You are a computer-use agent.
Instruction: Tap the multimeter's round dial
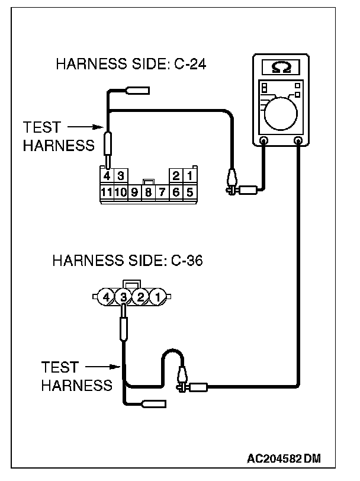click(x=282, y=112)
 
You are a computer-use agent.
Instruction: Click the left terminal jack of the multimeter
click(x=264, y=141)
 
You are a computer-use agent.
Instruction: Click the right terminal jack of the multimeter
click(x=299, y=141)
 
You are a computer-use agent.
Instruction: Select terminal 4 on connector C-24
click(x=107, y=176)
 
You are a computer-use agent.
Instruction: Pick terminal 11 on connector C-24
click(x=107, y=192)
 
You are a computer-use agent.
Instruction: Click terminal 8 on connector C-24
click(x=148, y=192)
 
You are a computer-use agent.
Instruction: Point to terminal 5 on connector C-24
click(x=189, y=192)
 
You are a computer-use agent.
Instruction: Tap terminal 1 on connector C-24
click(x=189, y=176)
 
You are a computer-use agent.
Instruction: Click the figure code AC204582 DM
click(x=289, y=459)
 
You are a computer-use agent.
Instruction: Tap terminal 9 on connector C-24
click(x=134, y=192)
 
